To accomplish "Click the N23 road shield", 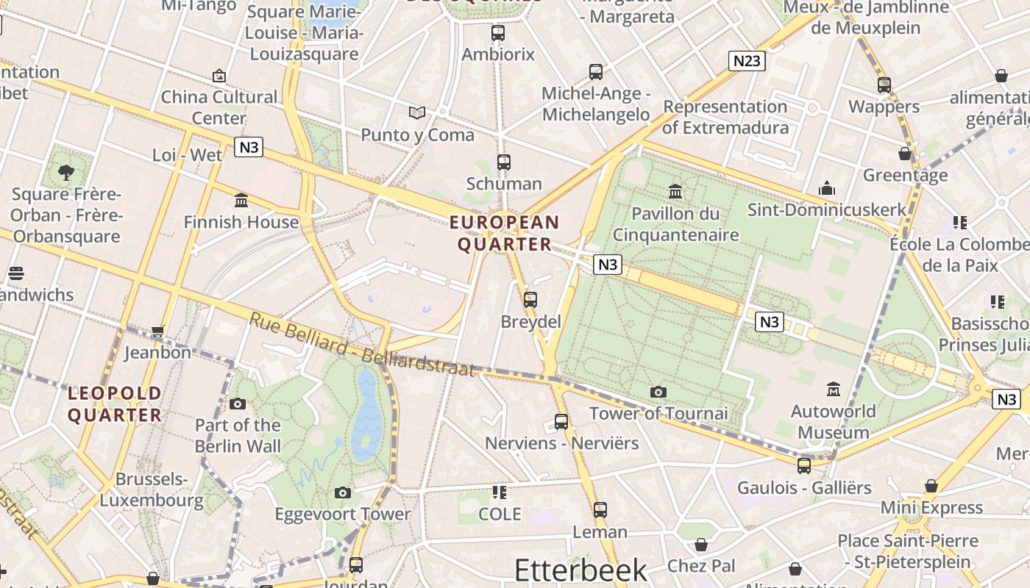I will click(x=747, y=60).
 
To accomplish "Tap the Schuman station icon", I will click(x=504, y=162).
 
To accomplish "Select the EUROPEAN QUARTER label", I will click(x=505, y=233).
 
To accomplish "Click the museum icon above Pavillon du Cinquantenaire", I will click(x=675, y=192).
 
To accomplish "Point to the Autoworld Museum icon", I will click(x=834, y=388).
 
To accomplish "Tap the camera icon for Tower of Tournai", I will click(x=658, y=392).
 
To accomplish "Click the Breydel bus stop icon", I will click(x=530, y=300).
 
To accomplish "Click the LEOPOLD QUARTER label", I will click(x=115, y=404).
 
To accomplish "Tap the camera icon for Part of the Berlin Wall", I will click(x=237, y=404).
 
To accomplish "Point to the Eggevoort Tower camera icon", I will click(x=342, y=492).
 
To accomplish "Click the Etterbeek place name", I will click(x=580, y=570).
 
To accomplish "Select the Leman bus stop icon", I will click(x=600, y=509).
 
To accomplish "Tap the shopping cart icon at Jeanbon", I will click(x=157, y=331).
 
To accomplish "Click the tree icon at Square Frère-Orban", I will click(x=66, y=173).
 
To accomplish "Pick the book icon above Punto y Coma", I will click(x=417, y=112).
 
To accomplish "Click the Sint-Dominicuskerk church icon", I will click(x=827, y=188).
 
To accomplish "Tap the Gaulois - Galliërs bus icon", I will click(x=804, y=465).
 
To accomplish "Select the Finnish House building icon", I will click(x=241, y=200).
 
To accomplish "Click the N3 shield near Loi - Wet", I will click(x=249, y=147).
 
